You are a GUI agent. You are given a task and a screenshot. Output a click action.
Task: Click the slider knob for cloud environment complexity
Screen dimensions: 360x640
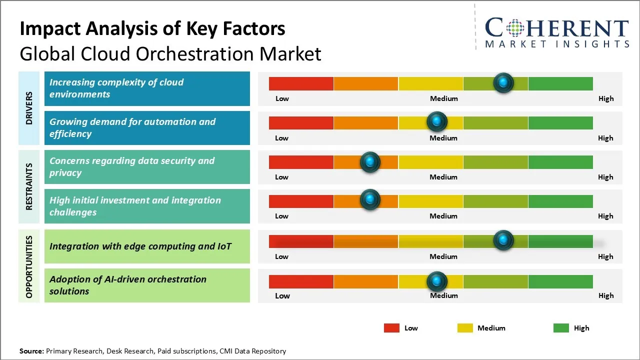tap(503, 82)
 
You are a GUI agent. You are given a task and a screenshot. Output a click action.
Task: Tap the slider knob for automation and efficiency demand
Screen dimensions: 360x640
tap(437, 121)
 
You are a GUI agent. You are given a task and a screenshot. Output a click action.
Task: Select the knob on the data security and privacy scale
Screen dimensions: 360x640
tap(370, 161)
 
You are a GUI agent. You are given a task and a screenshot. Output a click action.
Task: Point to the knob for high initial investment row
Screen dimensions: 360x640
tap(370, 199)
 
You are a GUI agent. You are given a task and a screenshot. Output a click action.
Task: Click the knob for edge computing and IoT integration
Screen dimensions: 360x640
tap(503, 240)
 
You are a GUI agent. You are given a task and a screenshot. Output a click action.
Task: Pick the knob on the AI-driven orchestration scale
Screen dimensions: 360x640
tap(437, 281)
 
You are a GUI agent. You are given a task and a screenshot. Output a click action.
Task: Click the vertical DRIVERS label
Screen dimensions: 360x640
tap(29, 108)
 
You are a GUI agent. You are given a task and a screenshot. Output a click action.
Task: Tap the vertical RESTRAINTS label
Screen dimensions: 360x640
tap(29, 186)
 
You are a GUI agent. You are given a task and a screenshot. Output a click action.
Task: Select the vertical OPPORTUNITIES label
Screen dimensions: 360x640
tap(29, 266)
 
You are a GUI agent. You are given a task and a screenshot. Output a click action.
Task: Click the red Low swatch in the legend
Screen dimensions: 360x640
tap(391, 328)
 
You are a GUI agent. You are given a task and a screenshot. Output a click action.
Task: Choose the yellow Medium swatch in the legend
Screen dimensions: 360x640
tap(465, 328)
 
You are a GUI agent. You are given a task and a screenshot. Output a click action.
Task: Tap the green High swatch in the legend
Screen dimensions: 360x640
tap(561, 328)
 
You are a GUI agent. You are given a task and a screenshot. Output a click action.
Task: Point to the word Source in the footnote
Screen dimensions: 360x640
tap(31, 351)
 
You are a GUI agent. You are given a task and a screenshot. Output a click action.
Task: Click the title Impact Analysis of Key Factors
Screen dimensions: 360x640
tap(152, 28)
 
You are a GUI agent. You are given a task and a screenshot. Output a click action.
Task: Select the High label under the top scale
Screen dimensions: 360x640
tap(606, 98)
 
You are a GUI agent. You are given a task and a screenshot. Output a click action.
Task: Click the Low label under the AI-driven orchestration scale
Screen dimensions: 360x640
tap(282, 295)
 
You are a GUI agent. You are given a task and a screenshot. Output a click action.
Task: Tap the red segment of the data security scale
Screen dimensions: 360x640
tap(301, 161)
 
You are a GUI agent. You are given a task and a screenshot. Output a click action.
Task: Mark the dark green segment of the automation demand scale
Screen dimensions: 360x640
tap(560, 122)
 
